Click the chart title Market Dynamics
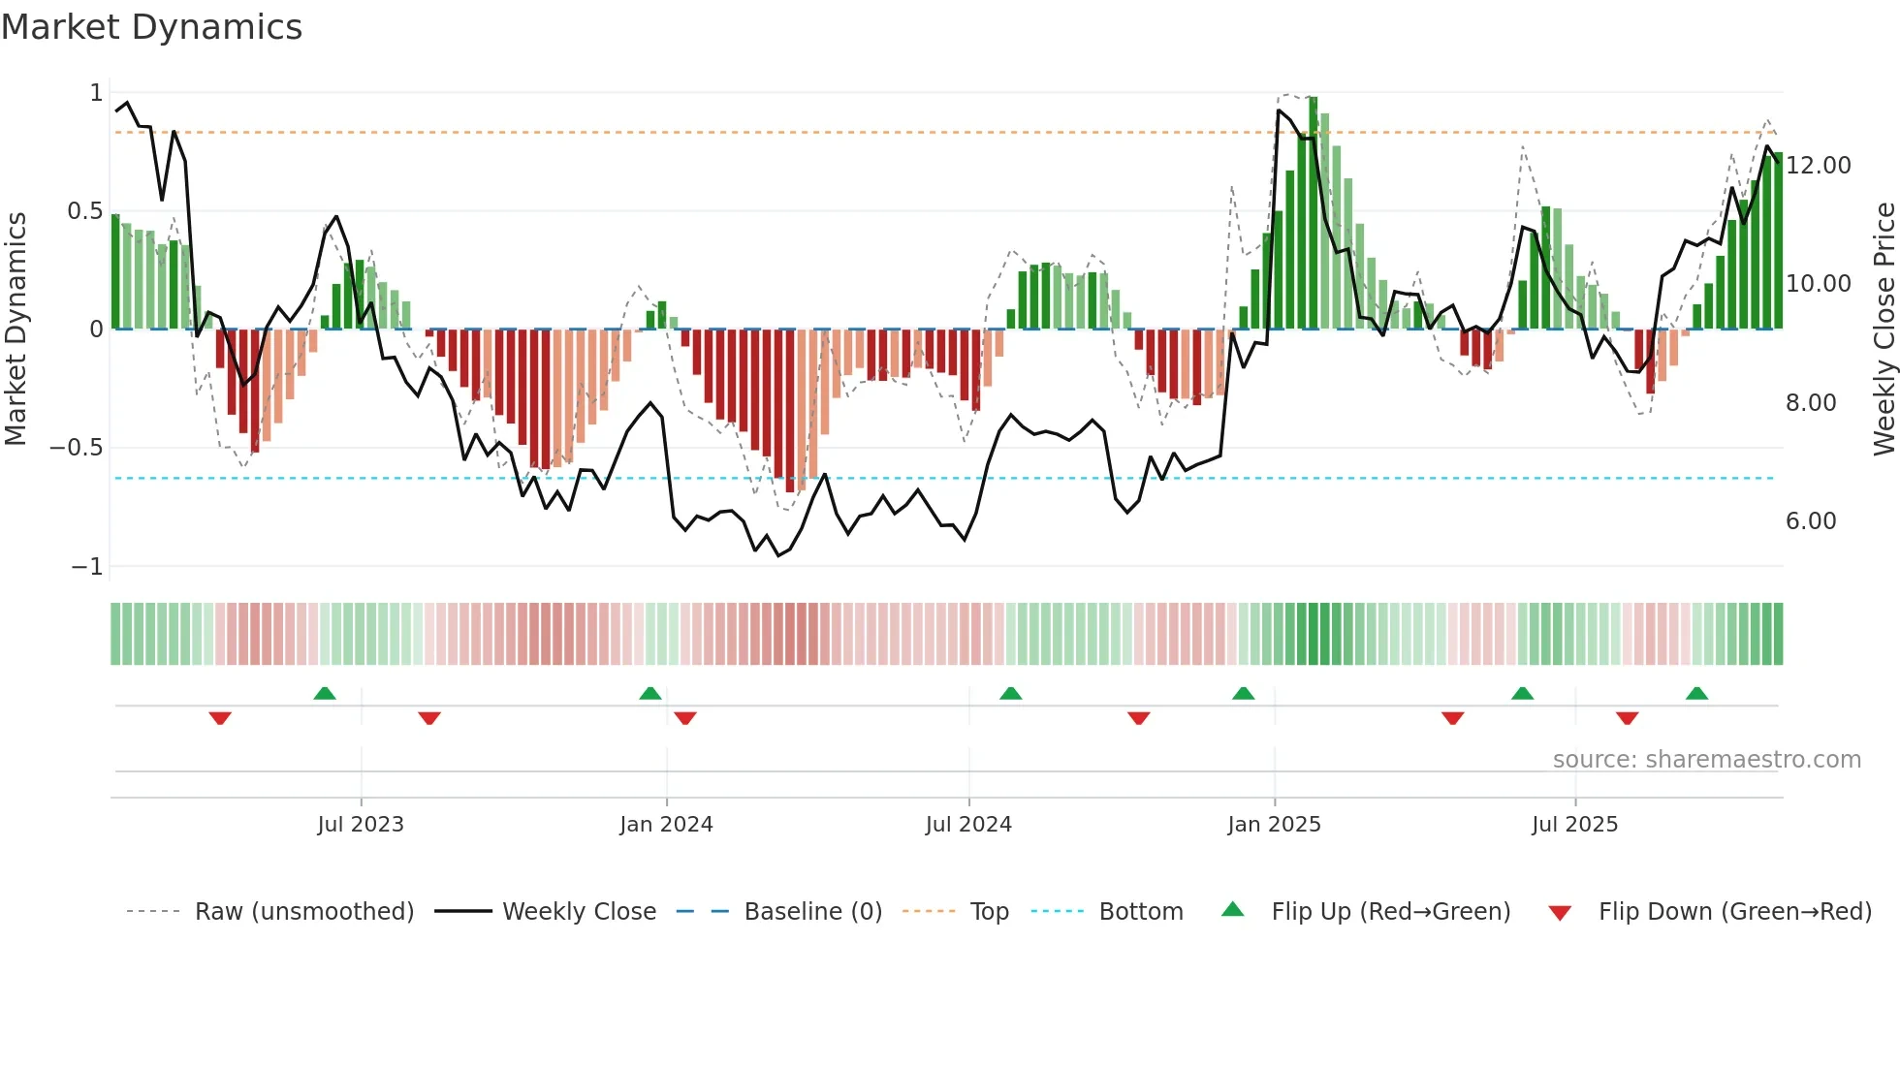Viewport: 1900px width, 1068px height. click(x=151, y=27)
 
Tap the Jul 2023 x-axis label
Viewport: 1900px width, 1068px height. click(x=361, y=825)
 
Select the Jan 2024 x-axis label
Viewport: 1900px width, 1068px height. click(x=666, y=825)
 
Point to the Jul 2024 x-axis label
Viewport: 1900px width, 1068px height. click(x=968, y=825)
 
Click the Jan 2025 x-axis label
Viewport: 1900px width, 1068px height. click(x=1274, y=825)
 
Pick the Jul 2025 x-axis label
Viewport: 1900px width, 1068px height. click(x=1574, y=825)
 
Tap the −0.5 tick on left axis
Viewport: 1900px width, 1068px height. click(x=77, y=448)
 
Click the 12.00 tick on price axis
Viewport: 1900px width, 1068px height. click(x=1819, y=166)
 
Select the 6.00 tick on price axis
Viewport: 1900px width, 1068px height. click(x=1811, y=521)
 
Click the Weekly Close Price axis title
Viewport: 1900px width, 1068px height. click(x=1884, y=329)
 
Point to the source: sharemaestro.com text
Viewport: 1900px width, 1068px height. click(x=1706, y=760)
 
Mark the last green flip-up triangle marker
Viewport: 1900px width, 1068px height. click(x=1696, y=694)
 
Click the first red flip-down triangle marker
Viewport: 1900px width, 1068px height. click(x=220, y=718)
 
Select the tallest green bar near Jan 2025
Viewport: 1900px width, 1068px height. click(x=1314, y=213)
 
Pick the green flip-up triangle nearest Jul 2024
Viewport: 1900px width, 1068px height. click(x=1010, y=694)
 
